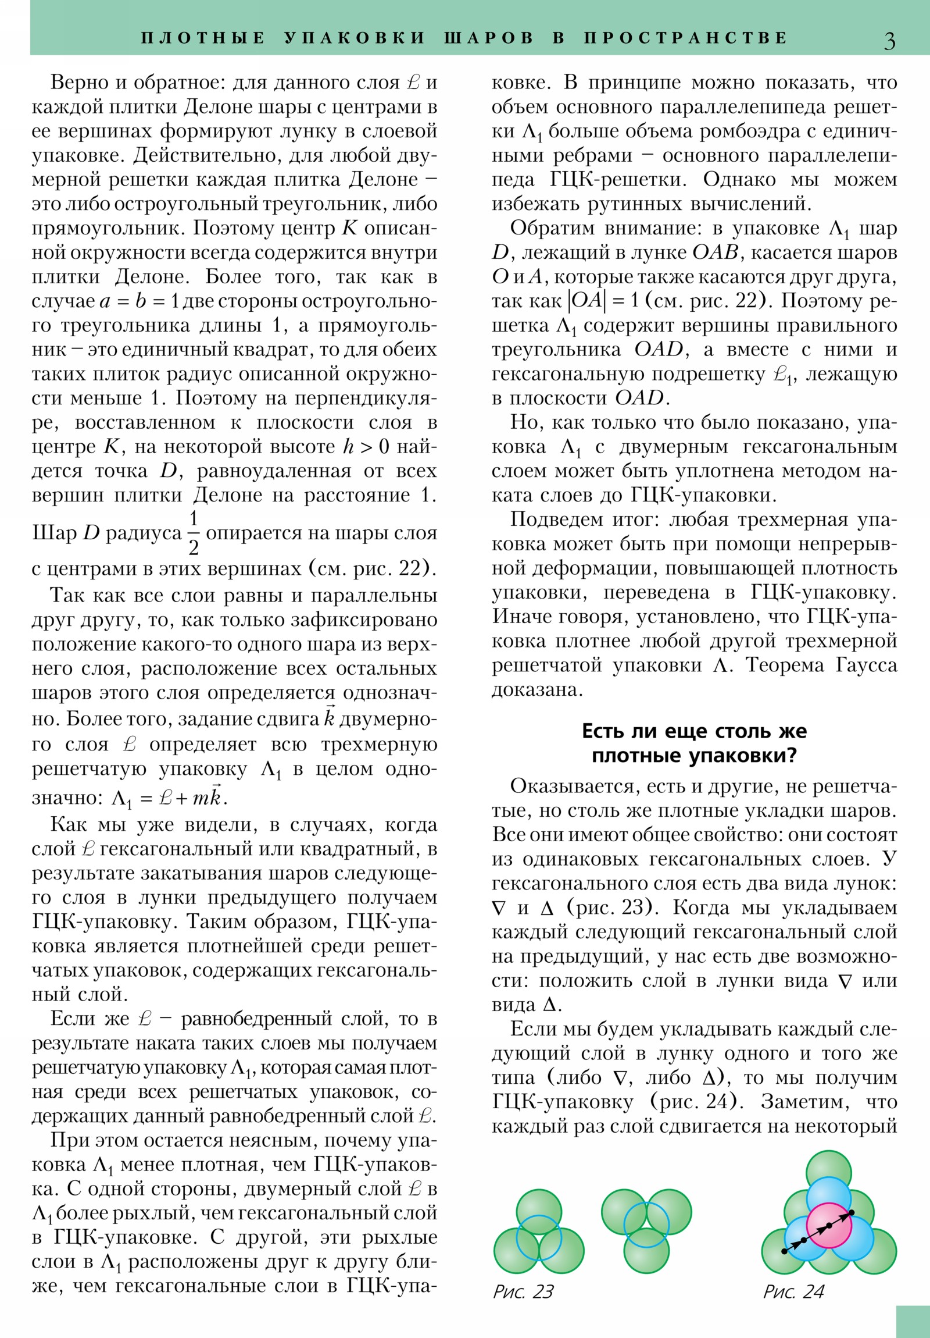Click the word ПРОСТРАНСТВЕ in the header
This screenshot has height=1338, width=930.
pos(685,38)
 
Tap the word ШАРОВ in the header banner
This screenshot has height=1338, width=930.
pos(489,38)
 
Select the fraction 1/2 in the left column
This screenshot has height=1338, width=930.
pos(194,532)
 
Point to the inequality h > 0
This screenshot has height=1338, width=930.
pos(366,446)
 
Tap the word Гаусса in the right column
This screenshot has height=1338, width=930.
pos(867,665)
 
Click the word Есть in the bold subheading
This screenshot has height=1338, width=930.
pos(604,731)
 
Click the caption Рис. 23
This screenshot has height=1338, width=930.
pos(523,1292)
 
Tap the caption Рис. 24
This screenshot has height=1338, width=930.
pos(793,1292)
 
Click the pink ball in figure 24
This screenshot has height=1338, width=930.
pos(829,1226)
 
